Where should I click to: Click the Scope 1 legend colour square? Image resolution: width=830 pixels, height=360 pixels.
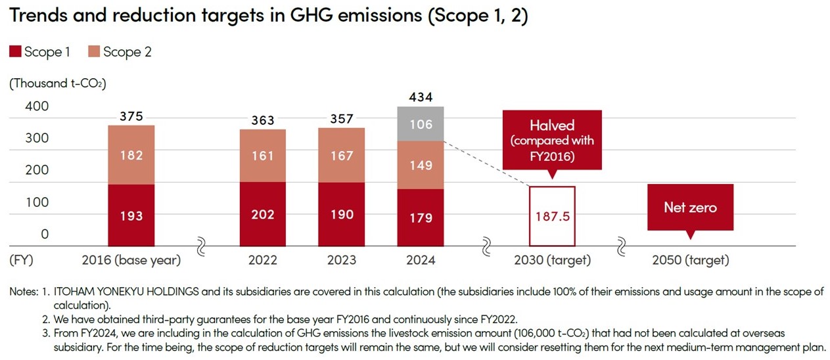tap(15, 52)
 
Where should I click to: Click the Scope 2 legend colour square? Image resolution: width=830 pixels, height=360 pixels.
tap(93, 52)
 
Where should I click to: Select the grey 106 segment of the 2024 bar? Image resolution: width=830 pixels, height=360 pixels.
tap(421, 124)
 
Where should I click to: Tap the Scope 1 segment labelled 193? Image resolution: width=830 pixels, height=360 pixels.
tap(131, 215)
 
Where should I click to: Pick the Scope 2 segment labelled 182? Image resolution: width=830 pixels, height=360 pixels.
tap(131, 155)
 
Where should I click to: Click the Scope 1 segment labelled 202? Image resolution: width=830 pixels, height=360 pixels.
tap(263, 214)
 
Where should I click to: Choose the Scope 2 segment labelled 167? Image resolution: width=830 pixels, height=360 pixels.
tap(342, 155)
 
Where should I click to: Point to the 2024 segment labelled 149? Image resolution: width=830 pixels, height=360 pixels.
tap(421, 165)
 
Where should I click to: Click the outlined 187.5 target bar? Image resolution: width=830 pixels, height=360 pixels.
tap(552, 216)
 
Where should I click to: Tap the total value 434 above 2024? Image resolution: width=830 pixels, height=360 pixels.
tap(421, 97)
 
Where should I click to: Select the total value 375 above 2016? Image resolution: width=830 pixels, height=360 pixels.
tap(131, 116)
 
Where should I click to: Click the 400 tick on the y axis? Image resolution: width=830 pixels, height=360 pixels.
tap(36, 106)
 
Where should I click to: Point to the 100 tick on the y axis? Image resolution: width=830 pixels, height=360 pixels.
tap(36, 202)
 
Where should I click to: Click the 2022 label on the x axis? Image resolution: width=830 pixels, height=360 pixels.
tap(263, 260)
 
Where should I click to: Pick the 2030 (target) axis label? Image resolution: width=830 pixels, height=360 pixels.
tap(552, 260)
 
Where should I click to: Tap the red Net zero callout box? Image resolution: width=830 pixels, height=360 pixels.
tap(690, 208)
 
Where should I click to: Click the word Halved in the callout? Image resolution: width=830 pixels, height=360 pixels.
tap(552, 125)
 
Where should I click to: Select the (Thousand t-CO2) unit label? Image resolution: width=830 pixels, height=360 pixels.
tap(57, 84)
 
